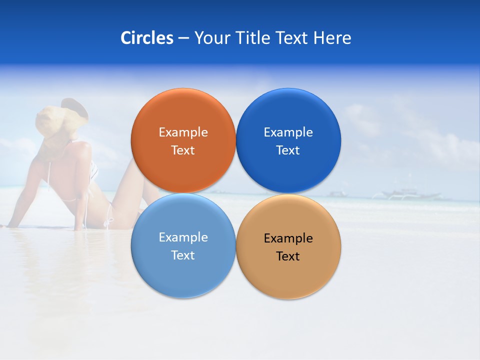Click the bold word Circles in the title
pyautogui.click(x=146, y=38)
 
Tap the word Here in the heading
pyautogui.click(x=332, y=38)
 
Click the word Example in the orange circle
pyautogui.click(x=183, y=132)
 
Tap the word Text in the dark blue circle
pyautogui.click(x=288, y=150)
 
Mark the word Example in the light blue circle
pyautogui.click(x=183, y=237)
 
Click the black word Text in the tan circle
pyautogui.click(x=288, y=256)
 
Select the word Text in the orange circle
pyautogui.click(x=183, y=150)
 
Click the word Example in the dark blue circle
pyautogui.click(x=288, y=132)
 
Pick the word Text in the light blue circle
pyautogui.click(x=183, y=255)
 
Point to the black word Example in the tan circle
pyautogui.click(x=288, y=238)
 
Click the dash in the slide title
pyautogui.click(x=183, y=38)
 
